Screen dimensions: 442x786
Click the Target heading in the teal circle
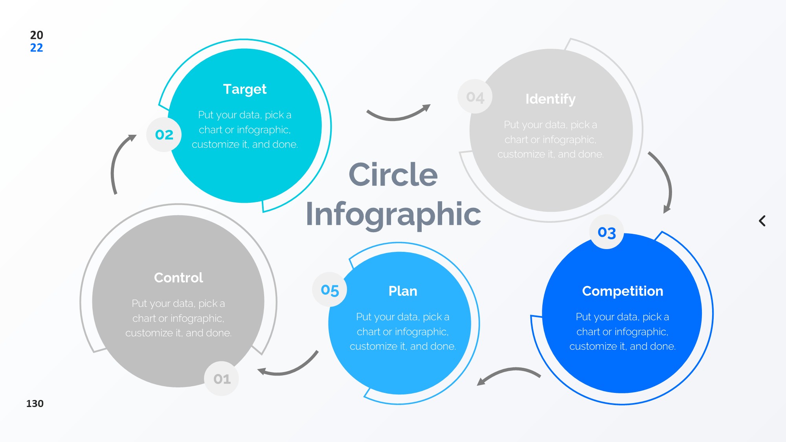[244, 90]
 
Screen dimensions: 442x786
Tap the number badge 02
[164, 135]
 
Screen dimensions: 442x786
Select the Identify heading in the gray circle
[550, 99]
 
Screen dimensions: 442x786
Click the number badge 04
[475, 97]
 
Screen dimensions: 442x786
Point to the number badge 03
[606, 232]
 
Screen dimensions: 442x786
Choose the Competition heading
[623, 291]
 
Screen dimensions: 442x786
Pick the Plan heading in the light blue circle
[403, 291]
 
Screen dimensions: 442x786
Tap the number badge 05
[329, 290]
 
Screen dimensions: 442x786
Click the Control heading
[178, 278]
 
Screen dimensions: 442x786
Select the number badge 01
[222, 379]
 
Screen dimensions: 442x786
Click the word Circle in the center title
[393, 175]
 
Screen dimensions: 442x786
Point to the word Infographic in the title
[393, 214]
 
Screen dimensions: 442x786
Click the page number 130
[35, 403]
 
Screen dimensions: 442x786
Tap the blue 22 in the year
[37, 48]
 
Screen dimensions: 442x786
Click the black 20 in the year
[37, 35]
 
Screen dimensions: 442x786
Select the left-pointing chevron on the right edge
[762, 221]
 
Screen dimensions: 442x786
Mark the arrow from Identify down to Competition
[664, 181]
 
